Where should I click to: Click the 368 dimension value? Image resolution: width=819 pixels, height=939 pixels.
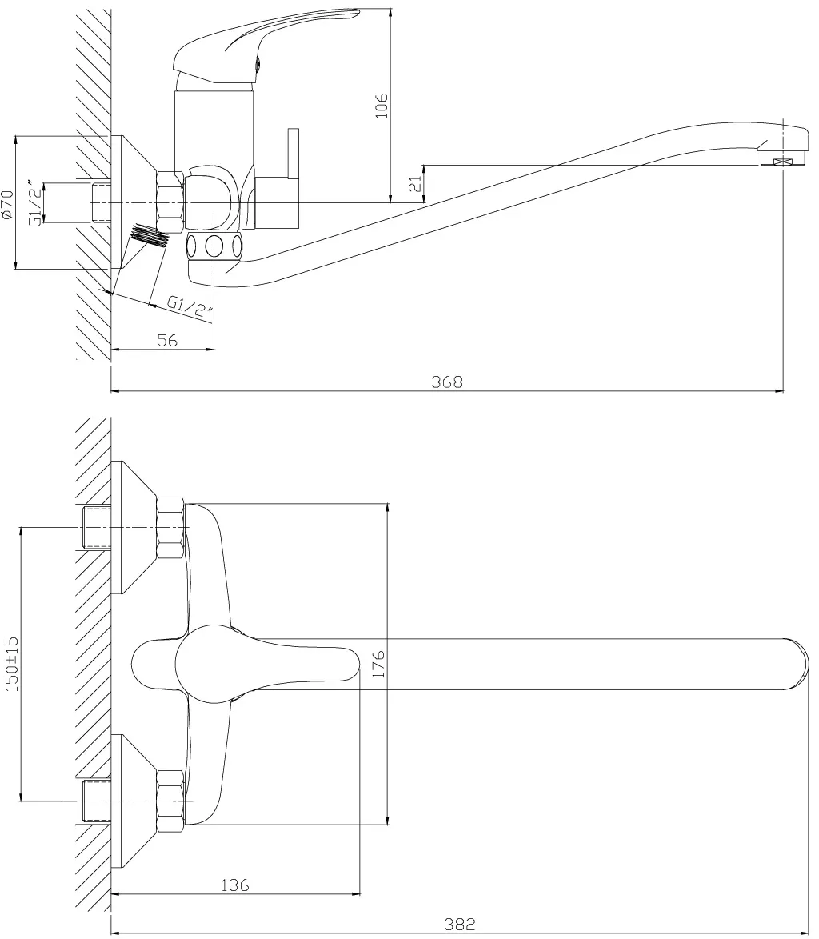pyautogui.click(x=447, y=382)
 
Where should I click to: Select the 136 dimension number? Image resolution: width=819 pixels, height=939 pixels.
pyautogui.click(x=234, y=885)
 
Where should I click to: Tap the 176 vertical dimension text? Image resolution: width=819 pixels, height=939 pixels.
pyautogui.click(x=378, y=663)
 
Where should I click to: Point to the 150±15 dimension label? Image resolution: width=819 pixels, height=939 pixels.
pyautogui.click(x=13, y=664)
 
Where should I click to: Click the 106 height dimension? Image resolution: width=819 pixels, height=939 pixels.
pyautogui.click(x=382, y=106)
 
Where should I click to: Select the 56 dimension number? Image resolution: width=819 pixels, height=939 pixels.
pyautogui.click(x=168, y=340)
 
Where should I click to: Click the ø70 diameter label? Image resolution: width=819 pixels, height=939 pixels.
pyautogui.click(x=7, y=204)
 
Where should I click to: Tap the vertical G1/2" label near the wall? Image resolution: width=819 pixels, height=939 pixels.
pyautogui.click(x=37, y=204)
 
